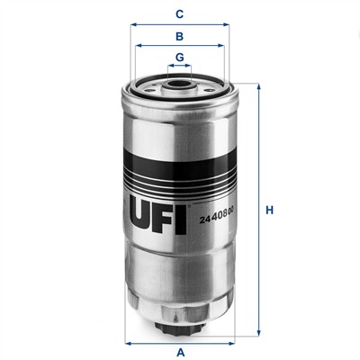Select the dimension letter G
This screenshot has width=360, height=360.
[x=180, y=57]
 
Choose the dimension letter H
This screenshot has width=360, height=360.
[x=269, y=211]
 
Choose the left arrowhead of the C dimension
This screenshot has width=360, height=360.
[x=134, y=25]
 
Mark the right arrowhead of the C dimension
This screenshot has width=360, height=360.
[x=226, y=25]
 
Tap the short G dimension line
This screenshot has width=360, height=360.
[x=180, y=67]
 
